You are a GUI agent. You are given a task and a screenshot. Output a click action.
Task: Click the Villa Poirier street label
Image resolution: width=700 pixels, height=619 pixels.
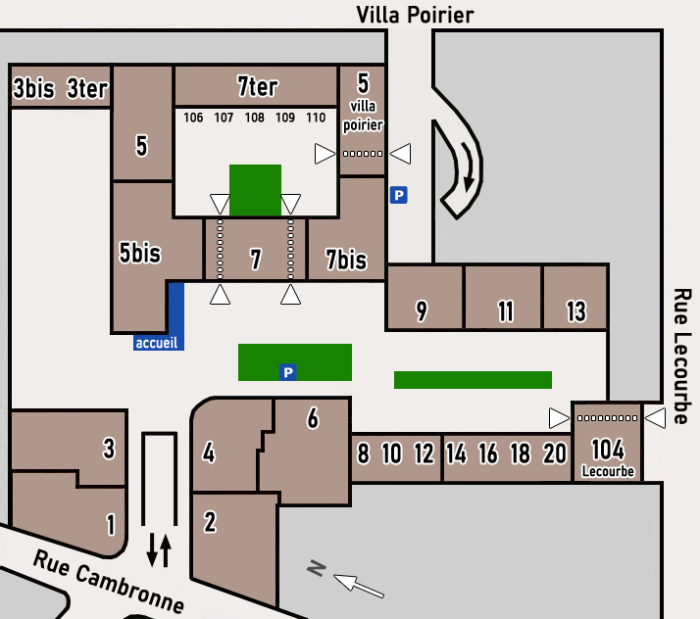(x=415, y=14)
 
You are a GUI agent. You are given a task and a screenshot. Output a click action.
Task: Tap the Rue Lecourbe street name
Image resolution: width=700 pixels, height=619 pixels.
(x=682, y=356)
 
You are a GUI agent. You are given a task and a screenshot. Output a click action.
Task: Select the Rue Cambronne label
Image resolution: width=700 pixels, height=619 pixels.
(x=108, y=579)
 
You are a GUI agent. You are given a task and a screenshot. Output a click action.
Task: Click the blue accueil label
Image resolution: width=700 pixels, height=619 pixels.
(x=157, y=343)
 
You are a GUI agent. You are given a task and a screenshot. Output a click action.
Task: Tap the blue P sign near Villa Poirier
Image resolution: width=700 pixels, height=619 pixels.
(x=398, y=195)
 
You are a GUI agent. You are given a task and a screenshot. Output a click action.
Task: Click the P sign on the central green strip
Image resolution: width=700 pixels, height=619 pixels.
(x=287, y=372)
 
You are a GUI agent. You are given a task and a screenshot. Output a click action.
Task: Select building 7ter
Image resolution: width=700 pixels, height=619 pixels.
(x=257, y=86)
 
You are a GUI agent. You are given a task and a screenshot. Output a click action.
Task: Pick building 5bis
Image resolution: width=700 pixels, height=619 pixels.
(x=139, y=253)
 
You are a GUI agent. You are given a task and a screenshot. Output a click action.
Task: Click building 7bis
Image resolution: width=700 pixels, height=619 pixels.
(x=346, y=260)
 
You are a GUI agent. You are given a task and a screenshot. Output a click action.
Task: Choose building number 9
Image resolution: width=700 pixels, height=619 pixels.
(x=422, y=311)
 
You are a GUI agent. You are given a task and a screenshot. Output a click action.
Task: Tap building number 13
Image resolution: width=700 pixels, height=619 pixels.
(x=576, y=311)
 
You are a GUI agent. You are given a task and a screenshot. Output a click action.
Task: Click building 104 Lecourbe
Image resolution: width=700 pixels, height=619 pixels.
(x=608, y=453)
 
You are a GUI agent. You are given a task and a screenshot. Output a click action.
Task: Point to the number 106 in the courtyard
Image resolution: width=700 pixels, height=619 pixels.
(x=193, y=118)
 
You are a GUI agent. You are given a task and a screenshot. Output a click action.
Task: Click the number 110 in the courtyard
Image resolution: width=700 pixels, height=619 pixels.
(x=316, y=118)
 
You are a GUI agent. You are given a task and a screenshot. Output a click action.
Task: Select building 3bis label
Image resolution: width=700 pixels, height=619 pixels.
(x=32, y=89)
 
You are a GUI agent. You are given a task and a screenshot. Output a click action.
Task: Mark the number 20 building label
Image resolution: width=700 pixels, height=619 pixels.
(x=555, y=453)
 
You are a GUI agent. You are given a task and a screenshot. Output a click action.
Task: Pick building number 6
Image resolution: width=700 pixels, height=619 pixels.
(x=313, y=418)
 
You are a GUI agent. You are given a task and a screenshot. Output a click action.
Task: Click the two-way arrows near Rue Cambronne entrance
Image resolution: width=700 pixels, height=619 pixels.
(x=159, y=550)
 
